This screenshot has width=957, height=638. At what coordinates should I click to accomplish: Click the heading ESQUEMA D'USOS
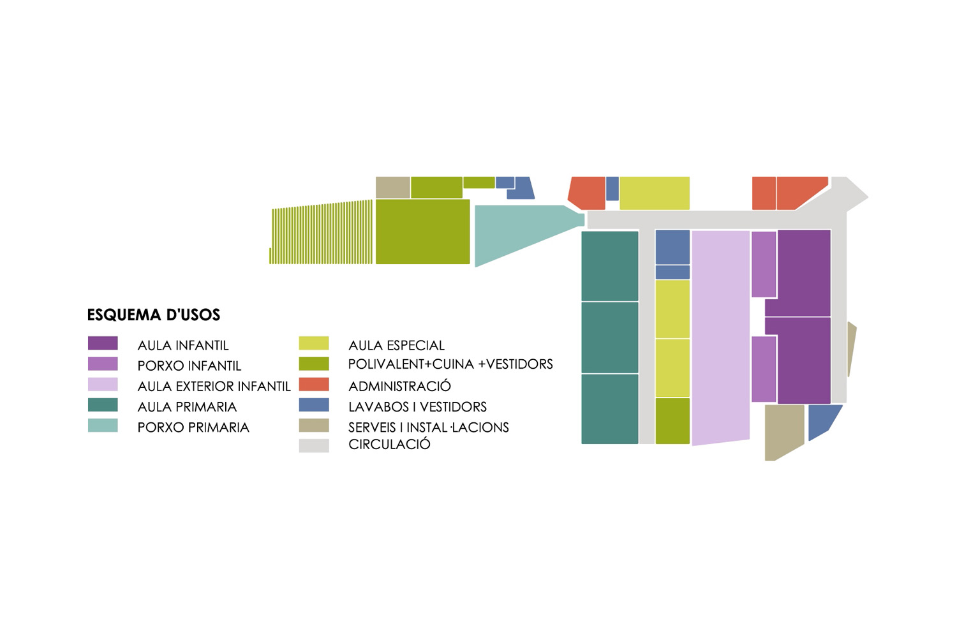pyautogui.click(x=153, y=315)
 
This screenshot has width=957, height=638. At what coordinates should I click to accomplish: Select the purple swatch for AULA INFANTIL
pyautogui.click(x=103, y=343)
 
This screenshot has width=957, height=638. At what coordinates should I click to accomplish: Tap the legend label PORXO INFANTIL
pyautogui.click(x=189, y=366)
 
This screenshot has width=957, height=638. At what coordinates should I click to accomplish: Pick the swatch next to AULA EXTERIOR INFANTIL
pyautogui.click(x=103, y=384)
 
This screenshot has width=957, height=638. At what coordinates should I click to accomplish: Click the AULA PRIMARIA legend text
pyautogui.click(x=187, y=406)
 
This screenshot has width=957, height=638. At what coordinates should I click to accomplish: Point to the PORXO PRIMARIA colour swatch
pyautogui.click(x=103, y=425)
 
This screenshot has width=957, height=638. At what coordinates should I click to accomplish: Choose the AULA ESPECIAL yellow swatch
pyautogui.click(x=314, y=343)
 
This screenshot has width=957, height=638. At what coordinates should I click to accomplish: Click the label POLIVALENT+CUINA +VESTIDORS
pyautogui.click(x=450, y=364)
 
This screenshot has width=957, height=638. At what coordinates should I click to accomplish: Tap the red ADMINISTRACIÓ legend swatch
pyautogui.click(x=314, y=384)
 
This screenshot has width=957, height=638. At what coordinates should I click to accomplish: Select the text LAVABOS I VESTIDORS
pyautogui.click(x=417, y=406)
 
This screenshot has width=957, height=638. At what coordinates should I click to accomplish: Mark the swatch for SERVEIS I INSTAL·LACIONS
pyautogui.click(x=314, y=425)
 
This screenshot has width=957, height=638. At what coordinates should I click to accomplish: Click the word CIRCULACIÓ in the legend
pyautogui.click(x=389, y=444)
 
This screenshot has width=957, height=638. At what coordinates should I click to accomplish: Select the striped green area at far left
pyautogui.click(x=322, y=233)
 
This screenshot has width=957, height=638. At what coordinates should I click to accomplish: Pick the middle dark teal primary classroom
pyautogui.click(x=609, y=337)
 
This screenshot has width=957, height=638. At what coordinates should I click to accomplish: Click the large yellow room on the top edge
pyautogui.click(x=654, y=193)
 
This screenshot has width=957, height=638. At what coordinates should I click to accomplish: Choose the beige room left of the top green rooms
pyautogui.click(x=392, y=187)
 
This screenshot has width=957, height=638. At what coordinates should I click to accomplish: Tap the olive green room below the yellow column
pyautogui.click(x=672, y=420)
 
